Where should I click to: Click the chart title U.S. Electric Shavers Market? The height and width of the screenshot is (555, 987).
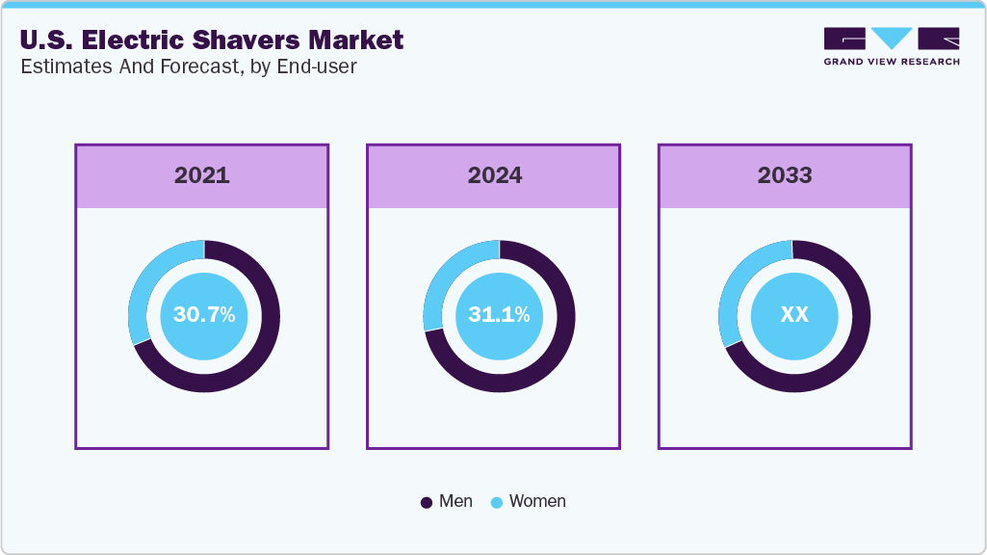[212, 40]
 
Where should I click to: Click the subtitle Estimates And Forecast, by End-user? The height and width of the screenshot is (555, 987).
[189, 67]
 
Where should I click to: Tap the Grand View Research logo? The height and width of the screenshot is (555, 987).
[891, 45]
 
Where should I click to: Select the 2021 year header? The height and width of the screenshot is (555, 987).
[202, 175]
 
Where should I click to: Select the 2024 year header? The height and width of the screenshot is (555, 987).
[495, 175]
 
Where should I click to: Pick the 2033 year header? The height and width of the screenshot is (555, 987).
[785, 175]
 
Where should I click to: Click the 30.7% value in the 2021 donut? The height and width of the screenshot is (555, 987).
[204, 315]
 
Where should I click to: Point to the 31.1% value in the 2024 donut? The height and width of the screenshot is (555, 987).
[499, 315]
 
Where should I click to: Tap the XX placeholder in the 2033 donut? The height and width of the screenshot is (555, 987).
[794, 315]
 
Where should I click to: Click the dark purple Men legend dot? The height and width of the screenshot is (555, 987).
[427, 502]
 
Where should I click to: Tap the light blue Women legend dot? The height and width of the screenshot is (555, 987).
[497, 502]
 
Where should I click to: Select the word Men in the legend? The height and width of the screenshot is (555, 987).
[455, 501]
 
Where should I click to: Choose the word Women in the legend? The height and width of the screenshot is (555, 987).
[537, 501]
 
